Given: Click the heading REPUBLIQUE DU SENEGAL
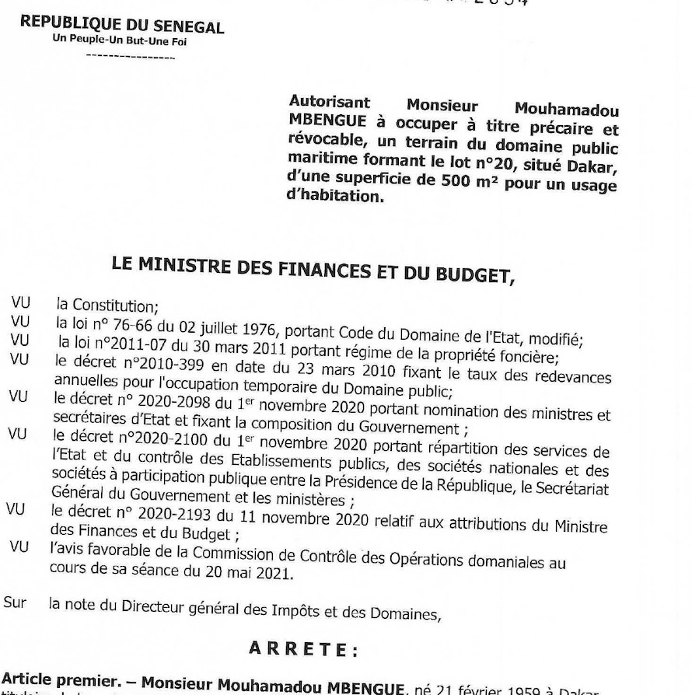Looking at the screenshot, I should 122,25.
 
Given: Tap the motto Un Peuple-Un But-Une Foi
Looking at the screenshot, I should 119,41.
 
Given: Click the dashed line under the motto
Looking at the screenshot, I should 131,57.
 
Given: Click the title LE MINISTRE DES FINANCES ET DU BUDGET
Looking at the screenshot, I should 313,268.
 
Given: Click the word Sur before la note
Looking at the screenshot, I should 14,601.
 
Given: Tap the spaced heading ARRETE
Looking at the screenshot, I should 303,648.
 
